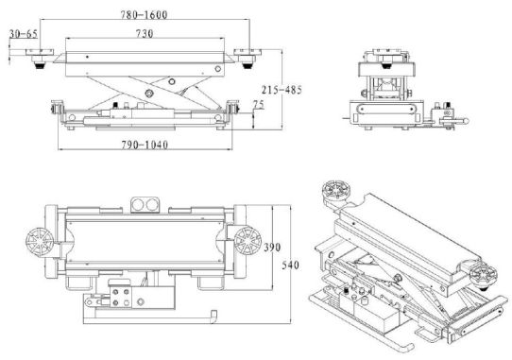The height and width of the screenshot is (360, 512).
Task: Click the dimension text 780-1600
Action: click(x=144, y=15)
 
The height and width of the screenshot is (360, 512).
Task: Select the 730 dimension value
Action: click(x=145, y=33)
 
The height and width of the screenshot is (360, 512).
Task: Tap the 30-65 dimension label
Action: click(x=24, y=34)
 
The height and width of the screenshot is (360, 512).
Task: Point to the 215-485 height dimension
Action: click(x=282, y=90)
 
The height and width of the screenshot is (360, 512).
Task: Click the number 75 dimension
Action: click(x=258, y=104)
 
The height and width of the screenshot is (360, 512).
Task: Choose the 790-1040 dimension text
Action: click(x=145, y=145)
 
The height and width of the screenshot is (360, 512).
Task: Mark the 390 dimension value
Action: click(x=272, y=248)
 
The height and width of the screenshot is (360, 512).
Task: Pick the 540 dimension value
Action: click(x=290, y=265)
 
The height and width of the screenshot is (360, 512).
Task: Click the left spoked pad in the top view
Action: click(x=40, y=242)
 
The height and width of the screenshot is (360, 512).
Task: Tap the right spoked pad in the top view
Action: click(x=247, y=241)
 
